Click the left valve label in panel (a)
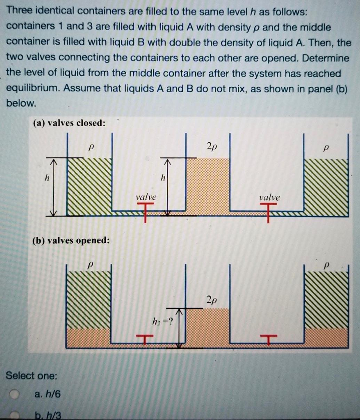tap(146, 197)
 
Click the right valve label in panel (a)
tap(269, 197)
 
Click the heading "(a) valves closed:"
tap(69, 123)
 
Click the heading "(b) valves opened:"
tap(71, 240)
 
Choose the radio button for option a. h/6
tap(15, 395)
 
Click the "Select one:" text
tap(32, 375)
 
